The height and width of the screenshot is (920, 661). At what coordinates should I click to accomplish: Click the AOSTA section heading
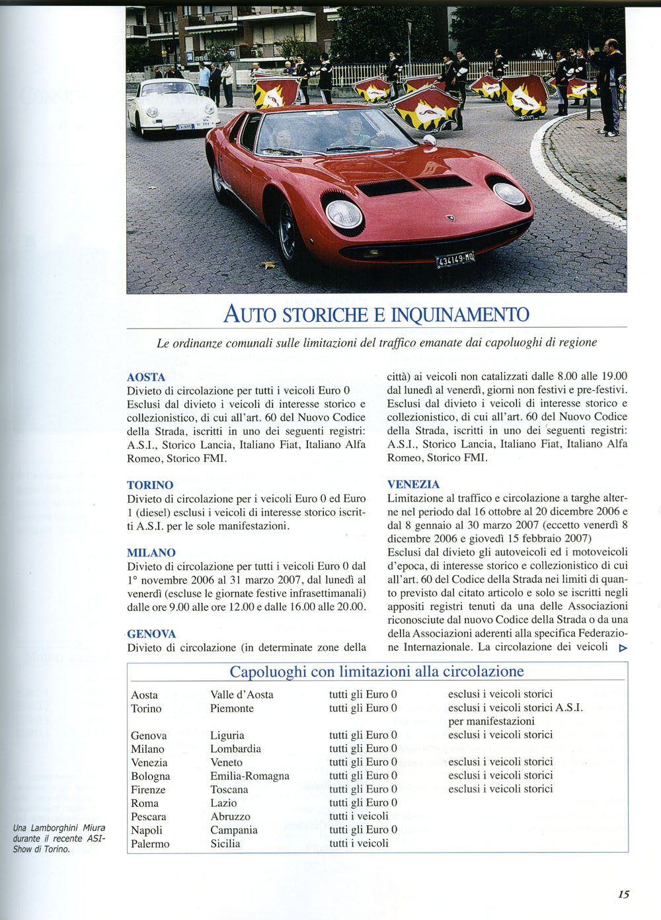coord(146,377)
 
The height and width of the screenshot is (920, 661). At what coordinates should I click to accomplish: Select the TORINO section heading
coord(150,485)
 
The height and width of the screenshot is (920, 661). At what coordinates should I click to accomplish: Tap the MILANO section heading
coord(151,553)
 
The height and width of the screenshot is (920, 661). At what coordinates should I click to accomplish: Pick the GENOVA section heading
coord(151,634)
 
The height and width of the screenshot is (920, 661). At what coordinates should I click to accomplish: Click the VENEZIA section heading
coord(413,484)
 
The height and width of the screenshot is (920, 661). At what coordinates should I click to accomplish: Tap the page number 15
coord(623,894)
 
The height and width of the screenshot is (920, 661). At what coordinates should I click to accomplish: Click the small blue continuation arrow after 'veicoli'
coord(622,648)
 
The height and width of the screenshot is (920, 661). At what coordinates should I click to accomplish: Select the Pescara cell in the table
coord(149,816)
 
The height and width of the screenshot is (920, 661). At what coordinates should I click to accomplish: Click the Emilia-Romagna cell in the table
coord(250,776)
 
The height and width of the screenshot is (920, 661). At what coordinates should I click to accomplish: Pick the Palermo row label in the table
coord(150,843)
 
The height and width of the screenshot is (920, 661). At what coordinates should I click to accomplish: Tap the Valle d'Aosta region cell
coord(242,695)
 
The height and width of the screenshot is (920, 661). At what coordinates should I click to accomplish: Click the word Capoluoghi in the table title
coord(268,671)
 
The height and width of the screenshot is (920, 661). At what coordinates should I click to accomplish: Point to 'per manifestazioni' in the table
coord(491,721)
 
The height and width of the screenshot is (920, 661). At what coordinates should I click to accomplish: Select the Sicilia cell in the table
coord(225,843)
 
